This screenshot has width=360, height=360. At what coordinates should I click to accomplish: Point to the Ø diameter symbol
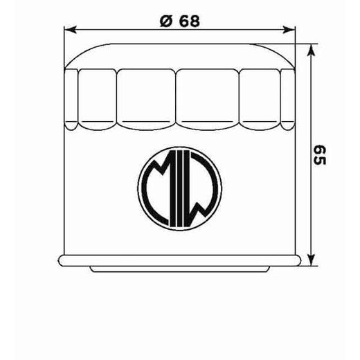click(x=165, y=21)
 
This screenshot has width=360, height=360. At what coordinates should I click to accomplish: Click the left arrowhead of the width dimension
click(x=68, y=30)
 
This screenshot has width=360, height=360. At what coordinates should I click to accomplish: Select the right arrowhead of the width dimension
click(x=291, y=30)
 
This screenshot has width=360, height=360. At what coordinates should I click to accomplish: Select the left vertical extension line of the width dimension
click(x=64, y=42)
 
